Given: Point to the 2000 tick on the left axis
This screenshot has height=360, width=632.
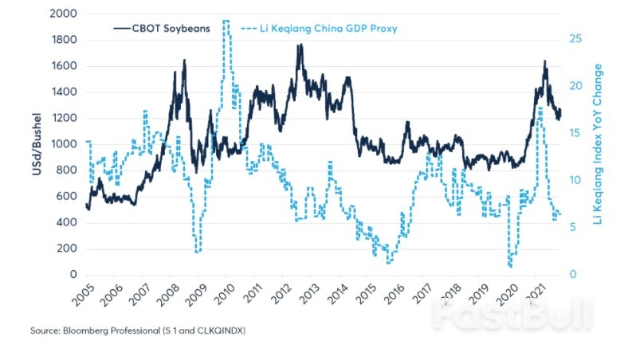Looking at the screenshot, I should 64,14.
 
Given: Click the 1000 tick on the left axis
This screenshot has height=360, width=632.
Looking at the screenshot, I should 64,144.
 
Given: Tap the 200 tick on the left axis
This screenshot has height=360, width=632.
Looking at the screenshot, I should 67,248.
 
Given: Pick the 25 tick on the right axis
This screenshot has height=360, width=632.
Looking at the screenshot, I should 579,38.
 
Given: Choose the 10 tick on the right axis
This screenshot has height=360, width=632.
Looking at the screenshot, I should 579,180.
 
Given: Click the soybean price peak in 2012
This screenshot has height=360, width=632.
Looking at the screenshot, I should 300,45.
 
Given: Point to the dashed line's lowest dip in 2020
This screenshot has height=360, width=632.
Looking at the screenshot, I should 509,265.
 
